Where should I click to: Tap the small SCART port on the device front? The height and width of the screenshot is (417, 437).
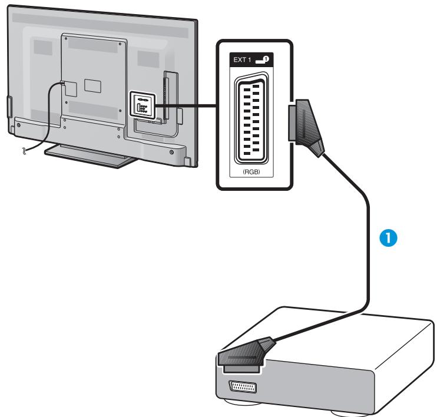242,386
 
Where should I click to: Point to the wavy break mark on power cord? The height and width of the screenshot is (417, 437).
24,152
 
